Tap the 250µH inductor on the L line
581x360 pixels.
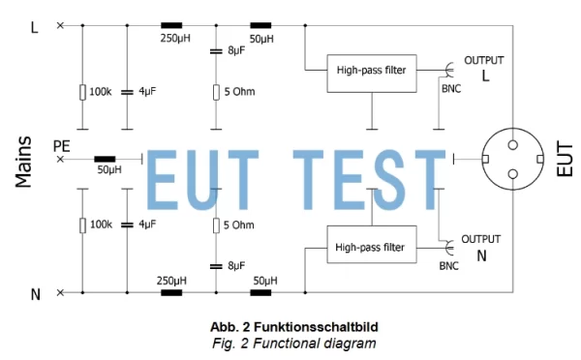[x=173, y=25]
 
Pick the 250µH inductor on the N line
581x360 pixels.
[x=172, y=291]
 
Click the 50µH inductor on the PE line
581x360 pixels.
[x=105, y=158]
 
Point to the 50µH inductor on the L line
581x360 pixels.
[x=260, y=25]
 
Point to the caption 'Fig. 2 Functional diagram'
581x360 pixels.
[x=292, y=343]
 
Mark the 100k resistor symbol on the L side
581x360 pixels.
[x=82, y=92]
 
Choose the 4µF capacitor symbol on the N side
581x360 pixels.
[x=127, y=225]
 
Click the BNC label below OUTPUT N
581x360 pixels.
[x=448, y=264]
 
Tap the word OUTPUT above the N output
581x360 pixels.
[x=480, y=239]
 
